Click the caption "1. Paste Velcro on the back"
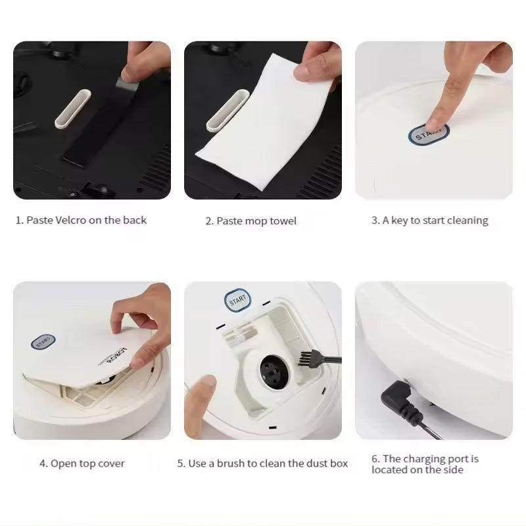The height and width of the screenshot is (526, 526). (81, 220)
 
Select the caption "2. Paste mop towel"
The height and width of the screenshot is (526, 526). (251, 221)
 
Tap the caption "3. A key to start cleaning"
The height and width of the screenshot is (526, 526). (429, 220)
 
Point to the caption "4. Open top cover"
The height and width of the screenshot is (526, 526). (82, 464)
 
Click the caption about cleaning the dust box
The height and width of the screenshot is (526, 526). (262, 464)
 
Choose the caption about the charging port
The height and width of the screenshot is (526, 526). (425, 464)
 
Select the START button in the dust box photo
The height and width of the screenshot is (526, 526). (237, 300)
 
